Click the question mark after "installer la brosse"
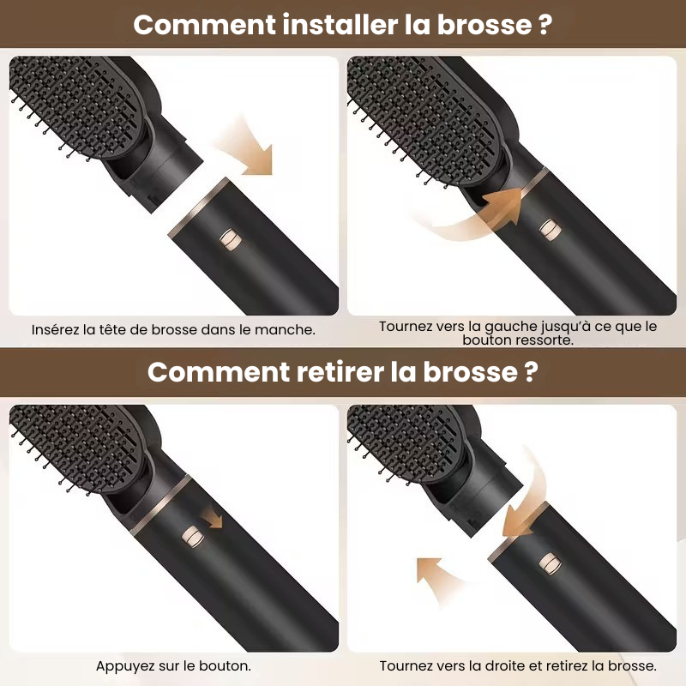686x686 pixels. (545, 25)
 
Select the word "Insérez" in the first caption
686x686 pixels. (55, 329)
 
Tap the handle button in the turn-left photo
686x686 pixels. (550, 229)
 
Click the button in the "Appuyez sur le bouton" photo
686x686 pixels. (192, 537)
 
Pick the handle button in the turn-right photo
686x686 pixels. (551, 563)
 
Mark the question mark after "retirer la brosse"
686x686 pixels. (531, 372)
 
